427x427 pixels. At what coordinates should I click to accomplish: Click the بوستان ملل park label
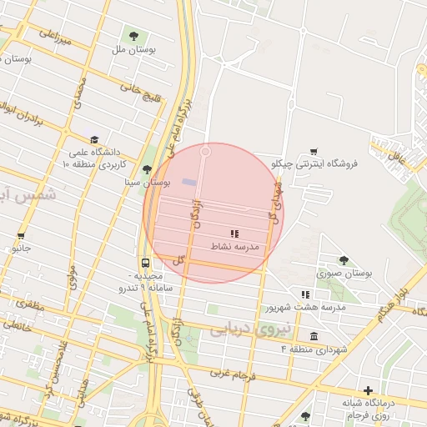coord(144,49)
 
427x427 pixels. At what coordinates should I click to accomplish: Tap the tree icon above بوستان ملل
coord(133,34)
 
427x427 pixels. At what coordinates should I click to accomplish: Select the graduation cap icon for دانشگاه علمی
coord(93,140)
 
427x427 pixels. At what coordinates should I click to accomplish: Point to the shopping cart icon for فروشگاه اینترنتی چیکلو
coord(313,151)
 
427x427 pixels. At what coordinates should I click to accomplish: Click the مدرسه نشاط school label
coord(242,248)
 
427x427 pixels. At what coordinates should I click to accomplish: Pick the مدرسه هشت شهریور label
coord(305,307)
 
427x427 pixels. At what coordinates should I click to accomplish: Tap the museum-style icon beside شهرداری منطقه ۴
coord(314,335)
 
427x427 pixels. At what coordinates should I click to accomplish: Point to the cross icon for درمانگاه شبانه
coord(368,389)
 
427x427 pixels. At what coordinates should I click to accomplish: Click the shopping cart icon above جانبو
coord(20,236)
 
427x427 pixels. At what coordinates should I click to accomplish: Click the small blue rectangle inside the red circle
coord(190,182)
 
